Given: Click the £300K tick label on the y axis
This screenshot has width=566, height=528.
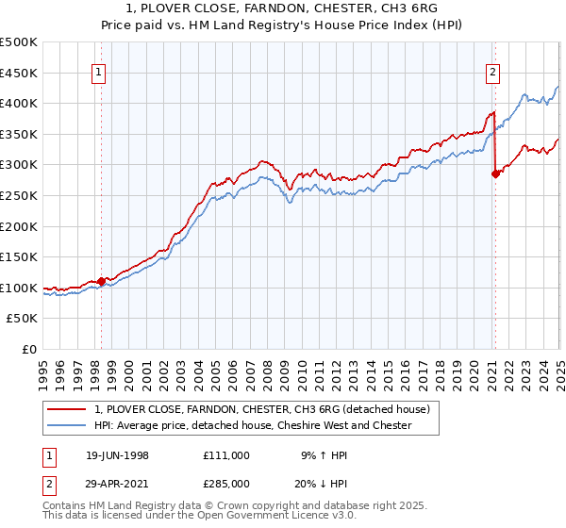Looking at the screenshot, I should [19, 165].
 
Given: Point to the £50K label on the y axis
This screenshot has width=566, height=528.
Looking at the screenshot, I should [23, 319].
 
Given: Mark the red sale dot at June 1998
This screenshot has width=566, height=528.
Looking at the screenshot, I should [102, 281].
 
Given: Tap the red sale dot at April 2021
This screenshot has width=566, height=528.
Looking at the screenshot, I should [495, 173].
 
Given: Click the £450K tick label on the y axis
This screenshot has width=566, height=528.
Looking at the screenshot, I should [19, 73].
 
